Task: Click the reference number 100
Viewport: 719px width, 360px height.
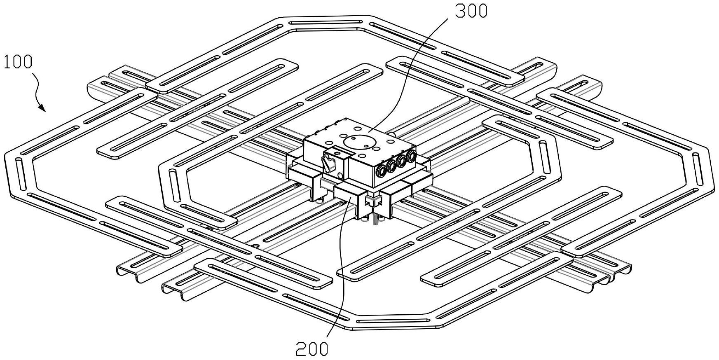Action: [18, 62]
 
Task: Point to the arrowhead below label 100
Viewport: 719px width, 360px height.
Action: [42, 108]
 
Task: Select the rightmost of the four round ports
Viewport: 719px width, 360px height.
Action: [410, 157]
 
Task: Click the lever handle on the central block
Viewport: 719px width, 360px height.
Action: [330, 164]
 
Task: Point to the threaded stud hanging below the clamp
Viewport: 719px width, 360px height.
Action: [376, 219]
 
